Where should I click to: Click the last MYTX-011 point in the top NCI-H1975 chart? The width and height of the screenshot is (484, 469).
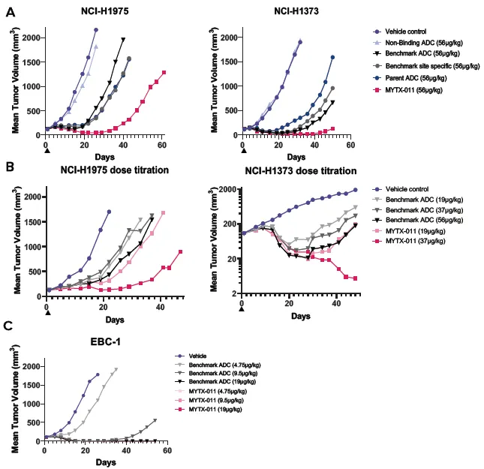point(164,73)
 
